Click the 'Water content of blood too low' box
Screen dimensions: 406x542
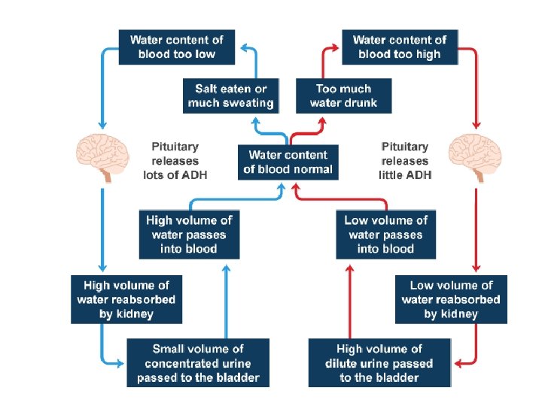point(176,47)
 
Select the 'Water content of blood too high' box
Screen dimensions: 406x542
point(399,47)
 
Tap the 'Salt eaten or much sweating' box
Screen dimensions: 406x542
point(230,96)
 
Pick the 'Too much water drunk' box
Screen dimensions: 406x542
point(343,96)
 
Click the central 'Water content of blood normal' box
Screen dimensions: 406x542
point(288,162)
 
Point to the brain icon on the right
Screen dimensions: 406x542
point(473,156)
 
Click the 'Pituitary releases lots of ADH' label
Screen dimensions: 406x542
point(175,161)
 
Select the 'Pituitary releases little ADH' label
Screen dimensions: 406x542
point(405,161)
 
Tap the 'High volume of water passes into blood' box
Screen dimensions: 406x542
point(189,234)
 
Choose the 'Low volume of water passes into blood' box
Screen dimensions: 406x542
point(385,234)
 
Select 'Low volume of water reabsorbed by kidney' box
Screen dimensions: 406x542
point(451,299)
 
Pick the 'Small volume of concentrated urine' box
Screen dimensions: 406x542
point(198,363)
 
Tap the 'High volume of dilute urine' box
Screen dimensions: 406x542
point(379,363)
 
